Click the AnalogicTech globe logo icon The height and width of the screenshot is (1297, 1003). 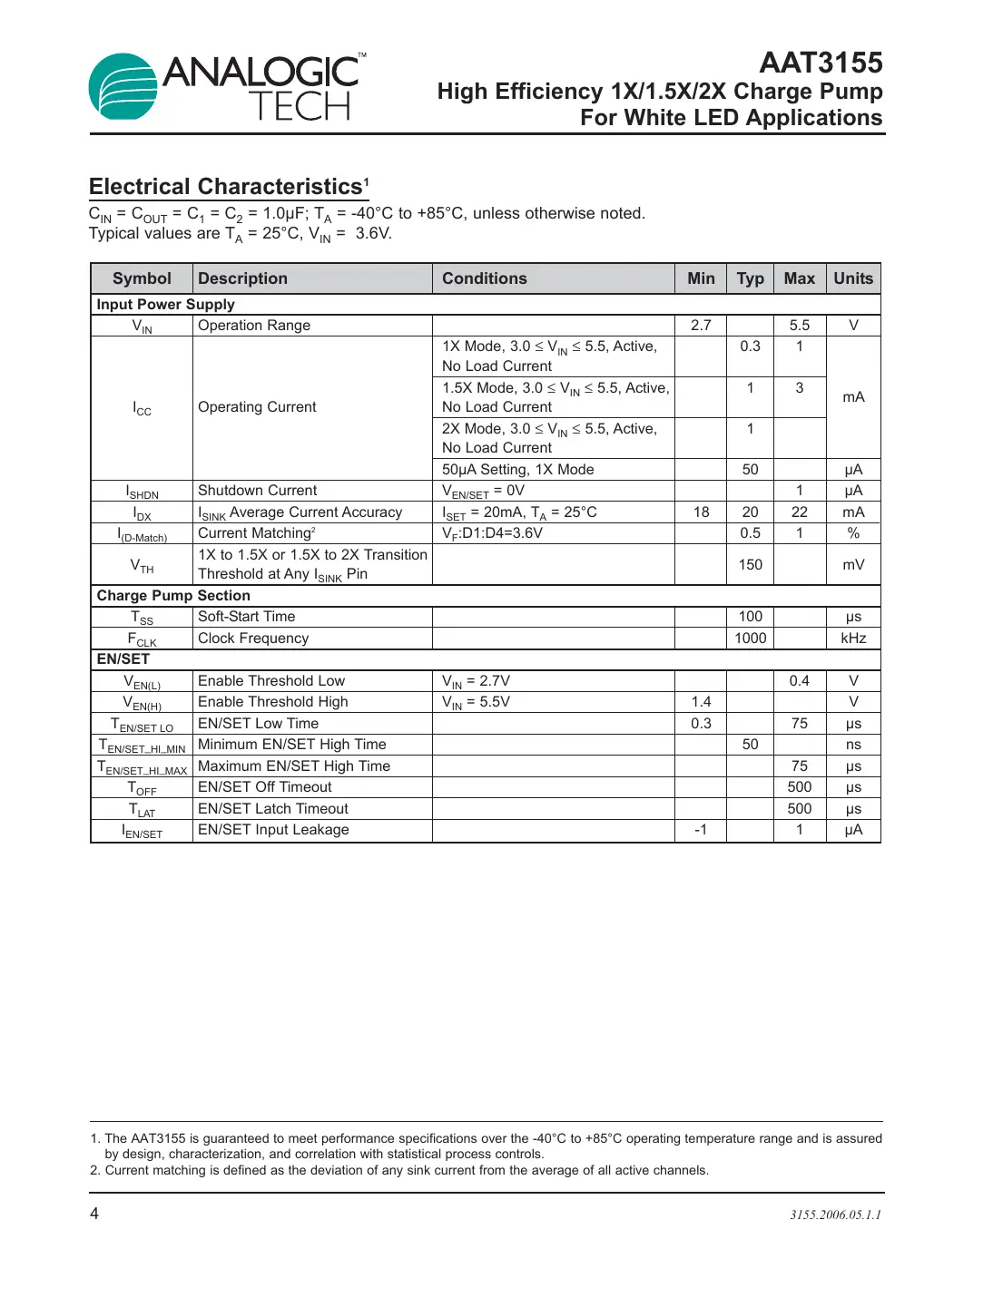(x=123, y=87)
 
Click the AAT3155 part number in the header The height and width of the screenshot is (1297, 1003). (x=820, y=63)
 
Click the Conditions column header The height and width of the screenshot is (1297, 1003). (x=484, y=278)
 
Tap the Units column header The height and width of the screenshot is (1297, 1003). (x=852, y=278)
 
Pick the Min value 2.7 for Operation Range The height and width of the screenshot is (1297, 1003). (x=701, y=325)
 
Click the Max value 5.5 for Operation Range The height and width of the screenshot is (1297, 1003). (x=799, y=325)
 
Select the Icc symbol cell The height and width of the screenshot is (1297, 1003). (x=143, y=408)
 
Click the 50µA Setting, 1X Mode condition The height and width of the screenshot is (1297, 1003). (x=517, y=469)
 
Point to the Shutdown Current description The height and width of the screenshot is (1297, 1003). (x=257, y=491)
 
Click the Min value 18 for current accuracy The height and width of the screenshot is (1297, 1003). (x=701, y=512)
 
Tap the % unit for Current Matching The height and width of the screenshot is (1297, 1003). (x=852, y=533)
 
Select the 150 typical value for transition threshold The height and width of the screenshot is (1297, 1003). (x=750, y=564)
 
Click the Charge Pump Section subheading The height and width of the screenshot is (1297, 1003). (x=173, y=596)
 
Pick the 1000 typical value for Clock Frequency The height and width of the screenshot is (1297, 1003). (x=750, y=638)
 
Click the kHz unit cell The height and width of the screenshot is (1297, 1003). (x=852, y=638)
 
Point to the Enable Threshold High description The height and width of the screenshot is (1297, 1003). (x=272, y=702)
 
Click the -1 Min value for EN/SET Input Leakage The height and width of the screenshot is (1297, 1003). (x=701, y=830)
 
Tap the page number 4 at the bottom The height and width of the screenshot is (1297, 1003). (x=94, y=1214)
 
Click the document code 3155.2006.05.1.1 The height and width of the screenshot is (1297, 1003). (x=835, y=1214)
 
